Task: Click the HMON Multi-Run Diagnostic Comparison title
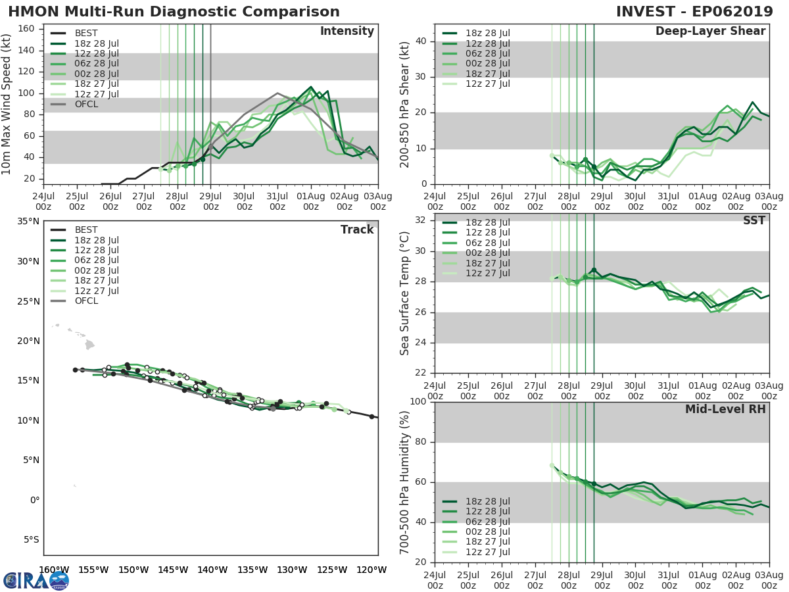pos(174,12)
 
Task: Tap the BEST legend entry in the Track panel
pos(86,230)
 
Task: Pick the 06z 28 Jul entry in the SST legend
pos(486,243)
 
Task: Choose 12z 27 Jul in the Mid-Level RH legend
pos(486,553)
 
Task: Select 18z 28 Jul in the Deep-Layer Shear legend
pos(486,33)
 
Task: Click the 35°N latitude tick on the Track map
pos(28,221)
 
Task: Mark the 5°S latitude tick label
pos(30,539)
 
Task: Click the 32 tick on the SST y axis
pos(421,220)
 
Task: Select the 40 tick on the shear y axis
pos(421,41)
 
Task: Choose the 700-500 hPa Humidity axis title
pos(404,481)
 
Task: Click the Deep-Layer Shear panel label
pos(710,32)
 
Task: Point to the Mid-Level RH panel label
pos(725,409)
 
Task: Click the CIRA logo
pos(36,580)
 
